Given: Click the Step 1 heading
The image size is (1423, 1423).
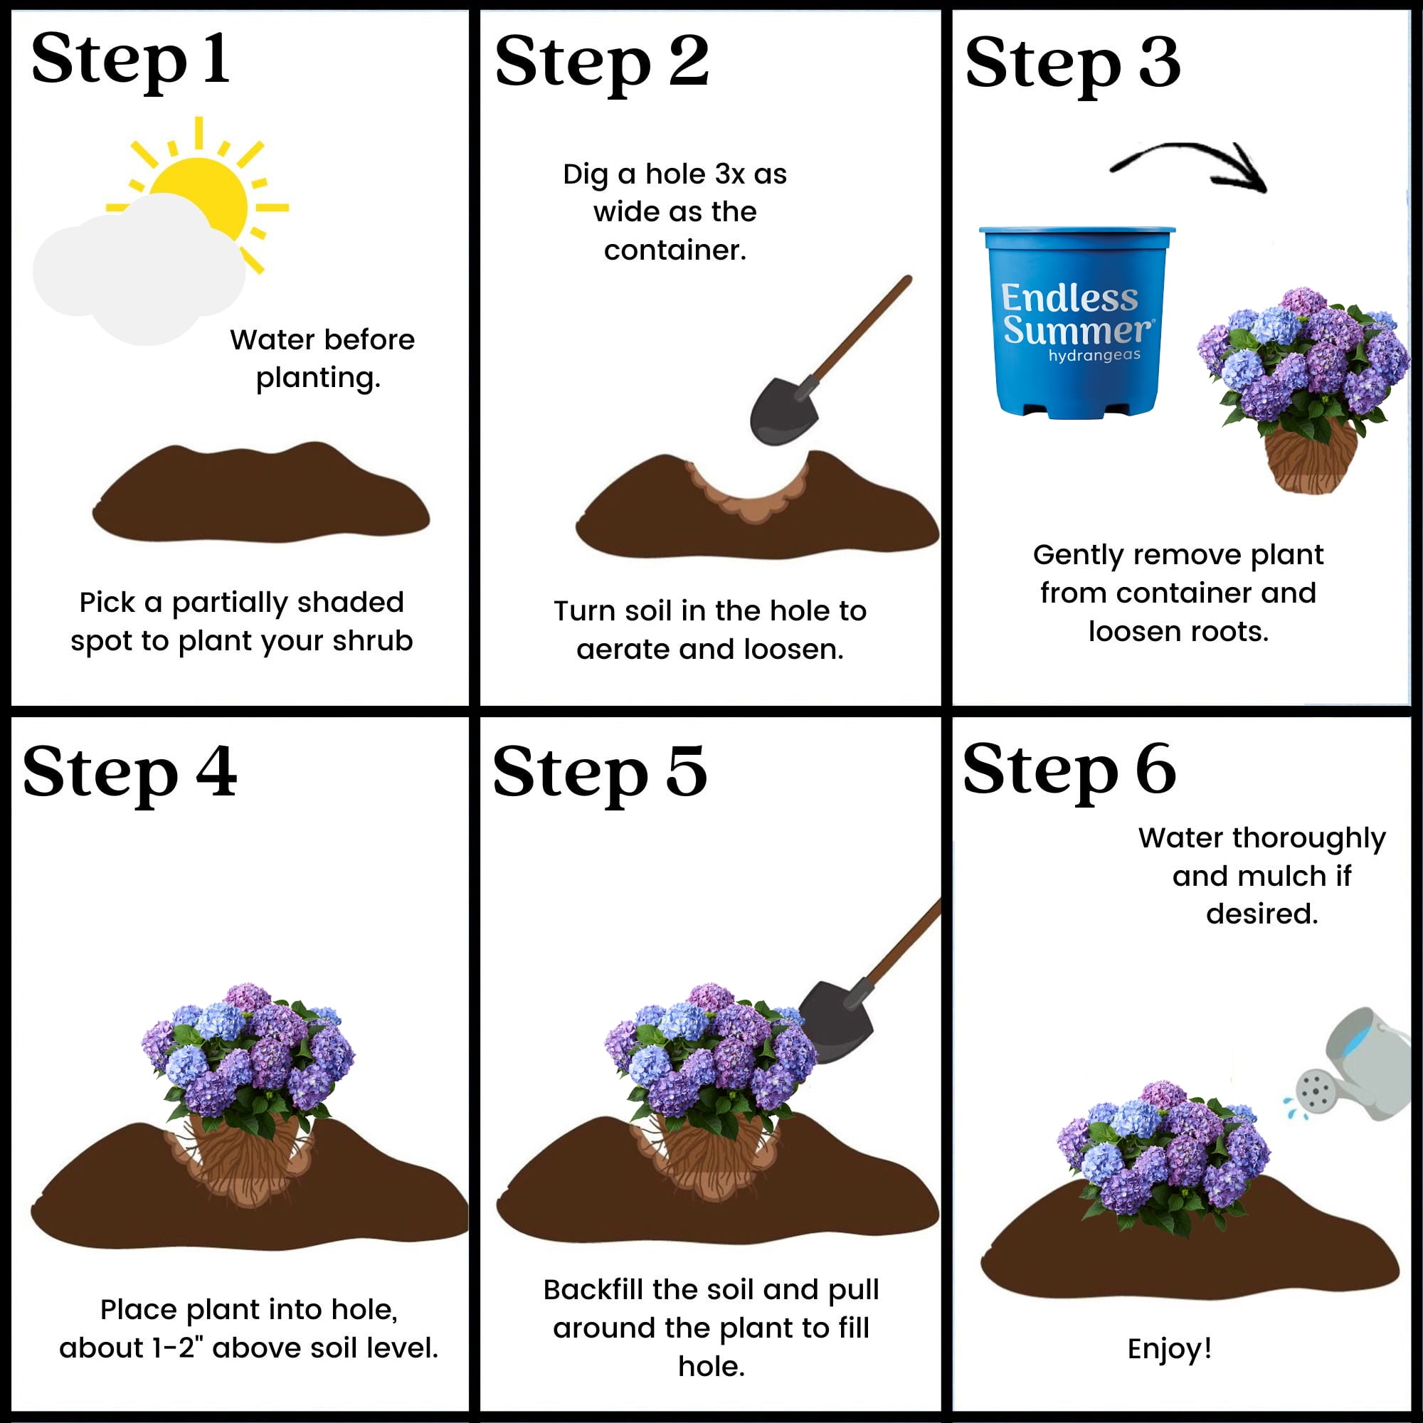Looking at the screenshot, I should [x=130, y=60].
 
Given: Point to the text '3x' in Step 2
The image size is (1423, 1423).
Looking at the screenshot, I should [x=730, y=174].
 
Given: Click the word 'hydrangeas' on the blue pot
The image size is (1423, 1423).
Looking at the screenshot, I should [x=1094, y=356].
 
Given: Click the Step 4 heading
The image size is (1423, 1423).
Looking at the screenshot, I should [x=130, y=772].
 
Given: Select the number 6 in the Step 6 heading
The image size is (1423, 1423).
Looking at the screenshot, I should [x=1155, y=769].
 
